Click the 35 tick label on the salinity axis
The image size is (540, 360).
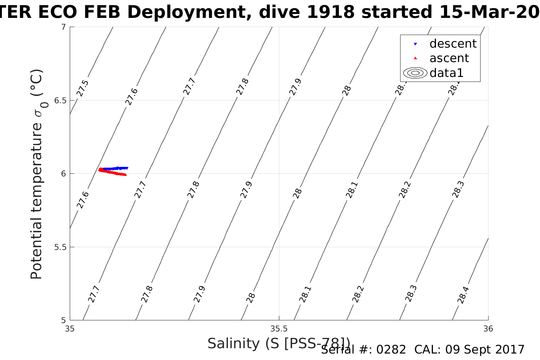coord(70,328)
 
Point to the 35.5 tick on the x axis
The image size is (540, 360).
coord(279,328)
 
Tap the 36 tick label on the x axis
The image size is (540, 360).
coord(488,328)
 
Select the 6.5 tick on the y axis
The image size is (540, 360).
coord(59,101)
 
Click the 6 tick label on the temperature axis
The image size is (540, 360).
coord(63,174)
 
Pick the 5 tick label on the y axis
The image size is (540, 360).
coord(63,320)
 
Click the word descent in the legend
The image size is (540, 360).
coord(453,44)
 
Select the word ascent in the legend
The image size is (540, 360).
coord(449,58)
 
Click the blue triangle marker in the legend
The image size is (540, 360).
coord(415,44)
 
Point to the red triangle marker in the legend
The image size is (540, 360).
coord(415,58)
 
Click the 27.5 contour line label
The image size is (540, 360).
coord(83,88)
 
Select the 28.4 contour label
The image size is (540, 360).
coord(463,295)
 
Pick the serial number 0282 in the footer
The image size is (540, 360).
coord(391,349)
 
